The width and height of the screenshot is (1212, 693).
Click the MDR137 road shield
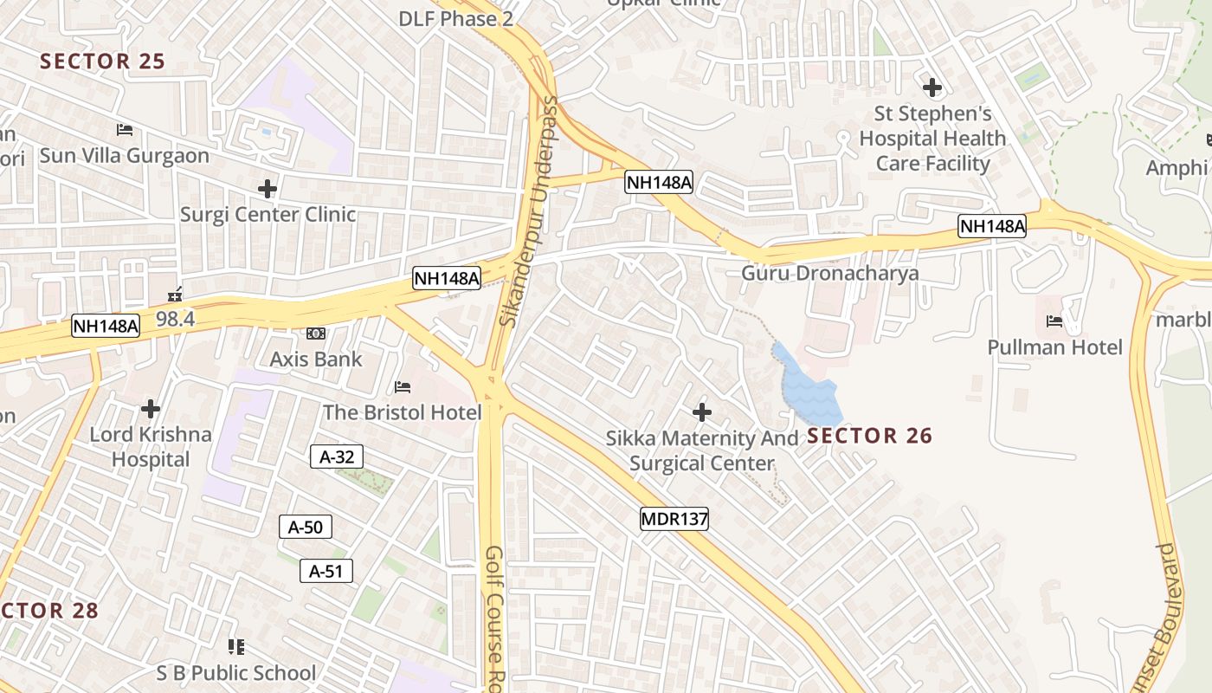coord(674,520)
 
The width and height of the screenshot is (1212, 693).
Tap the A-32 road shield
coord(337,457)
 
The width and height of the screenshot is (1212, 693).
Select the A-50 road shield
coord(306,526)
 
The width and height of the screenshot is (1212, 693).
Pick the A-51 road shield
coord(326,571)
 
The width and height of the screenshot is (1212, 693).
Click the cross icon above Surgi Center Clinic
coord(268,188)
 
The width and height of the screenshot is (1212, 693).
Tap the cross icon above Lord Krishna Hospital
coord(151,408)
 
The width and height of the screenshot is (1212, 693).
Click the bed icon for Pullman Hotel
coord(1054,321)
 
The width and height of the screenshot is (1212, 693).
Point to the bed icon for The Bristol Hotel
coord(403,386)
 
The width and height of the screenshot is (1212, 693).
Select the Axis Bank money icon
coord(315,333)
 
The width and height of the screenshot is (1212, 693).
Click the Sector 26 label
coord(870,436)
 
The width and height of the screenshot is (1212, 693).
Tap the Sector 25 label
coord(102,62)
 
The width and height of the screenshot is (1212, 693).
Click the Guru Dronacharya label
coord(829,274)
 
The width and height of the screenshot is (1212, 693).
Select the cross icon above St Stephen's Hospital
coord(932,87)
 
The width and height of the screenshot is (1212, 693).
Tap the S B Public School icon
coord(236,646)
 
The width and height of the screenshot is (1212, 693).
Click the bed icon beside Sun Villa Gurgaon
coord(125,130)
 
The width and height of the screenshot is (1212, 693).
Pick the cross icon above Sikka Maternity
coord(702,411)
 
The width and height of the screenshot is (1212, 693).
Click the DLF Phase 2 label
coord(455,18)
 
